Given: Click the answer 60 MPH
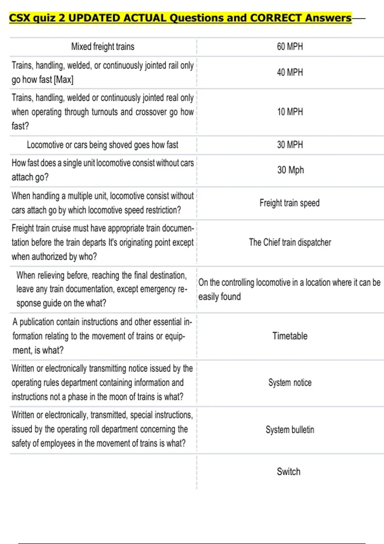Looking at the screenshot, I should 290,47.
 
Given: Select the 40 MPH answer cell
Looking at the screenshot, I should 290,72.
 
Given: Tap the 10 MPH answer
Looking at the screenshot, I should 290,112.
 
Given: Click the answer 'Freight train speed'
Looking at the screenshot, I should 289,203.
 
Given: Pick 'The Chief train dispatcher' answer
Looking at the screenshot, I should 290,242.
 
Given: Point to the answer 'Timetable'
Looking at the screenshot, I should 290,336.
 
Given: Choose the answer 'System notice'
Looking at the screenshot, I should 290,383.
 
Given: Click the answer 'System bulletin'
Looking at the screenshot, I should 290,429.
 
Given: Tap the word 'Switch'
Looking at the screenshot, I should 288,472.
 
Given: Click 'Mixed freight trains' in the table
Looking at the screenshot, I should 102,47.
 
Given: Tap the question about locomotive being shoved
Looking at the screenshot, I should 102,145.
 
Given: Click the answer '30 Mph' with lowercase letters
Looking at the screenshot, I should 290,170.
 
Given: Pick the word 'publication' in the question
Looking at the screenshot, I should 40,322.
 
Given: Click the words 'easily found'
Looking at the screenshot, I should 220,297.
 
